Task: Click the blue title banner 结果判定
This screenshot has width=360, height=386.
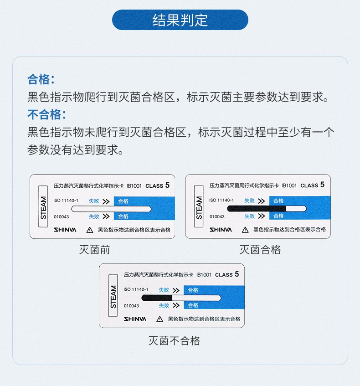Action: (x=180, y=20)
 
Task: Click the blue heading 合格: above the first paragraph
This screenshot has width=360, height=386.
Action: (x=41, y=79)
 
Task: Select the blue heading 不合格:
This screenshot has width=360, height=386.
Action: (x=46, y=114)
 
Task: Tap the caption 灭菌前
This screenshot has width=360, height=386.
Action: (x=94, y=250)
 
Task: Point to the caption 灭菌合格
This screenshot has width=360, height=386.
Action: (x=260, y=250)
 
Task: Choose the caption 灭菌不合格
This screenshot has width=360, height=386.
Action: (x=175, y=341)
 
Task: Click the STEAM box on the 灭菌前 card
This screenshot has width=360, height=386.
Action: (x=43, y=206)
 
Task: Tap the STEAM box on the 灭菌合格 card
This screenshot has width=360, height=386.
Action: (x=199, y=206)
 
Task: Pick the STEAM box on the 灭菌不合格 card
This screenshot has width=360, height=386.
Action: (x=113, y=295)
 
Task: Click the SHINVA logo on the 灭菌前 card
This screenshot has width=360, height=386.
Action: (x=65, y=230)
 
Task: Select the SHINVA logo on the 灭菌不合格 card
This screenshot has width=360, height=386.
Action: (x=135, y=319)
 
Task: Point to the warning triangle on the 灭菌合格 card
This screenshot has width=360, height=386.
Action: (x=245, y=230)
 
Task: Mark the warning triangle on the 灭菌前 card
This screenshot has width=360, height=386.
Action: (x=90, y=230)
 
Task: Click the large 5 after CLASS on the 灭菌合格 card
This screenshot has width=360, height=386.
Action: (x=322, y=185)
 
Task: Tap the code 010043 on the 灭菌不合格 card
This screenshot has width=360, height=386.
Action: (x=131, y=306)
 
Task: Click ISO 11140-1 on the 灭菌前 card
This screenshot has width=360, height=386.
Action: (x=66, y=201)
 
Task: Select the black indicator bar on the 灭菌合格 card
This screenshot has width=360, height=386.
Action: (x=257, y=209)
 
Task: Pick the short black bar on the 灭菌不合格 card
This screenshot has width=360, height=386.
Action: (x=157, y=298)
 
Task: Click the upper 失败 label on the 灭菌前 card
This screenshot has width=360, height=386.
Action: (x=94, y=201)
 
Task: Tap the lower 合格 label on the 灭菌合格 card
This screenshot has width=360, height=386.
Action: (x=278, y=216)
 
